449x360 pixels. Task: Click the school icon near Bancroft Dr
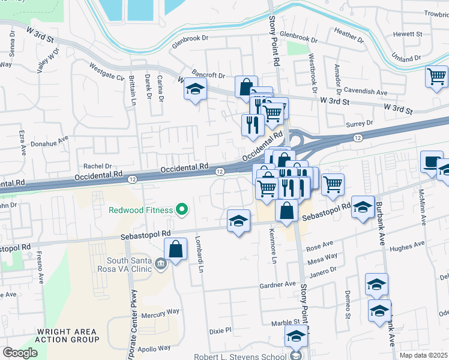(x=194, y=89)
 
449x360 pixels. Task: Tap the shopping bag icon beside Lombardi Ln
(x=175, y=249)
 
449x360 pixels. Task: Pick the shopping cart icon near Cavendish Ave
(x=436, y=77)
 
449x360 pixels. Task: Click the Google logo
(x=20, y=352)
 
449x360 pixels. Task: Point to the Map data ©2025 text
(x=423, y=355)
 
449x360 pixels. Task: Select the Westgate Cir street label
(x=106, y=72)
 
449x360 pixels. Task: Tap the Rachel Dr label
(x=98, y=166)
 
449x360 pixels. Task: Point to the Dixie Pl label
(x=220, y=330)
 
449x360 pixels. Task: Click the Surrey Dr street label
(x=361, y=123)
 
